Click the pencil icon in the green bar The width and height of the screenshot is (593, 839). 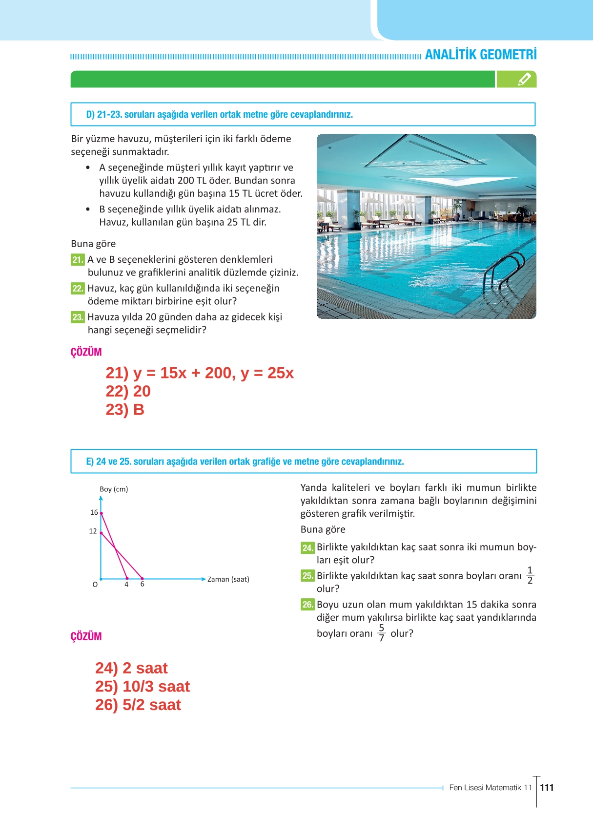coord(524,79)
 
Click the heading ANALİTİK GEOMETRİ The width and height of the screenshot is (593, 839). coord(480,54)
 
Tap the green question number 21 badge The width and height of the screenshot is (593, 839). coord(78,260)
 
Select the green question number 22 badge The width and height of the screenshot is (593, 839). coord(78,289)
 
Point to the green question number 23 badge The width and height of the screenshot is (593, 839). coord(78,317)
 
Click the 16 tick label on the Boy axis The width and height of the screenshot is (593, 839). coord(94,512)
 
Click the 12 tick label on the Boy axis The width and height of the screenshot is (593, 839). coord(93,531)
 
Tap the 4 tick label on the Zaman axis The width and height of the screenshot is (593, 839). coord(126,585)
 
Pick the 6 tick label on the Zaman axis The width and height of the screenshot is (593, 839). coord(143,585)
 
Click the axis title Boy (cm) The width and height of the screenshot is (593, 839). coord(114,489)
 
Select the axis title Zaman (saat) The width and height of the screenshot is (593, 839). coord(228,580)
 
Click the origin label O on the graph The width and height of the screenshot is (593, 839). coord(95,585)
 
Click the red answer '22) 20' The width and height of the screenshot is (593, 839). coord(128,391)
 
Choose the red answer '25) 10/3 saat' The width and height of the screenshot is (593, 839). coord(142,687)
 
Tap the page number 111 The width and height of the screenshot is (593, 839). coord(547,787)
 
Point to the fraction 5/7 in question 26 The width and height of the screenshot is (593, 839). coord(381,633)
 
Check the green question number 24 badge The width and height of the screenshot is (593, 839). coord(307,548)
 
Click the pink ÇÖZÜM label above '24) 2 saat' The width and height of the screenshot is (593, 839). coord(86,636)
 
